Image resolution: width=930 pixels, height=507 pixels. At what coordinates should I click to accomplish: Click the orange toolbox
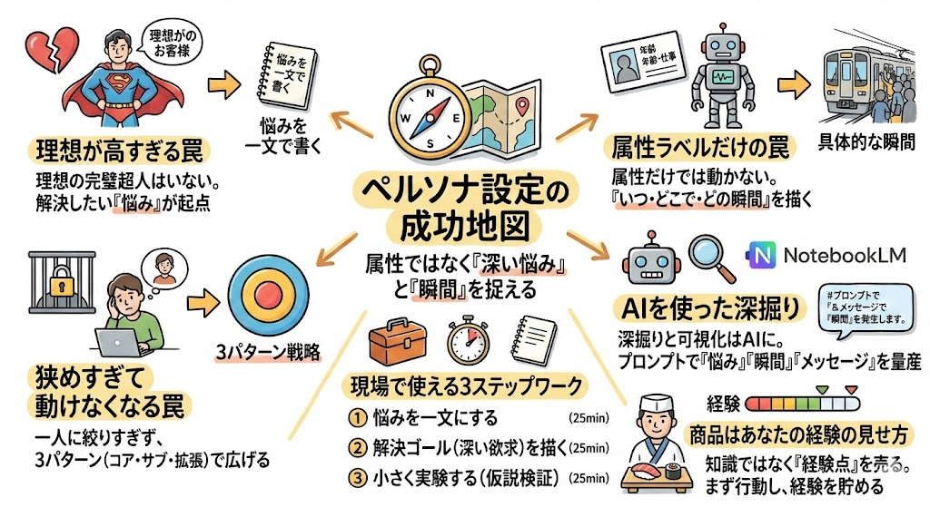click(398, 342)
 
